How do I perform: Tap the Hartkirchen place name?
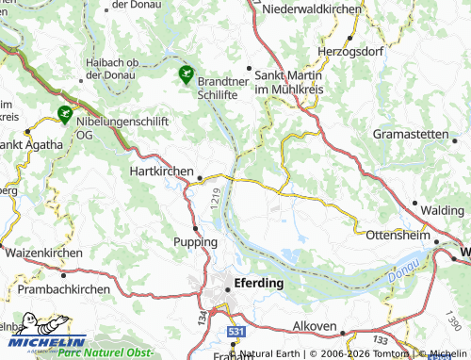tap(160, 173)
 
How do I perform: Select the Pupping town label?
tap(196, 242)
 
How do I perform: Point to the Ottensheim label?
tap(397, 234)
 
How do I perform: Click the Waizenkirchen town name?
tap(43, 254)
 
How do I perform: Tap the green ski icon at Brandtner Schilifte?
tap(186, 72)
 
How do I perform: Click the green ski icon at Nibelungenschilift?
tap(64, 114)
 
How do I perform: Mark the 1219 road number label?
tap(216, 198)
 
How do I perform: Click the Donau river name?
tap(399, 272)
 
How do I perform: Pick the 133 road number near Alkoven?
tap(380, 338)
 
